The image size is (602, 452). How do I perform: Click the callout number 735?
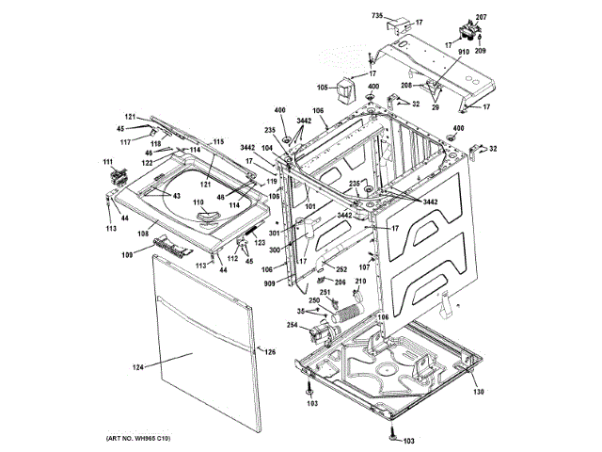tap(377, 15)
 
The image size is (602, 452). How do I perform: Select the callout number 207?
tap(481, 18)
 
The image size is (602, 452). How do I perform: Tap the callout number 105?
tap(321, 88)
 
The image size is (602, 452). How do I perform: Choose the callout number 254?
tap(293, 326)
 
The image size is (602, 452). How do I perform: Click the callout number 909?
tap(269, 283)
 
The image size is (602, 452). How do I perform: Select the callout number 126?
tap(269, 352)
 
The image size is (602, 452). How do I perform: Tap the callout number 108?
tap(144, 234)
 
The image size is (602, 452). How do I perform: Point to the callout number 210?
tap(360, 282)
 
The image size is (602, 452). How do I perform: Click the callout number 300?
tap(277, 250)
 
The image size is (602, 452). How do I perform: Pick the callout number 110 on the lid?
tap(198, 202)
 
